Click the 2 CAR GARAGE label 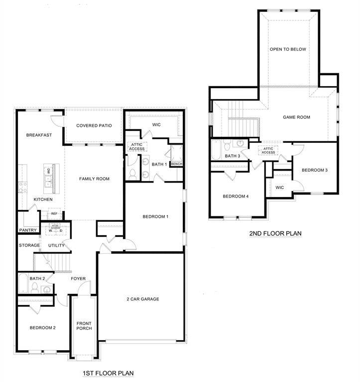(x=142, y=299)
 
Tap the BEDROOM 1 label (x=155, y=217)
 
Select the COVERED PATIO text (x=94, y=126)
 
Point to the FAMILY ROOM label (x=94, y=179)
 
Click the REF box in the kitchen (x=55, y=213)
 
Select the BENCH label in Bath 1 (x=177, y=164)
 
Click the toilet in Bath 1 (x=132, y=174)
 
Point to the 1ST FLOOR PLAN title (x=107, y=373)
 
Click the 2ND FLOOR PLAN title (x=275, y=233)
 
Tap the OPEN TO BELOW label (x=287, y=50)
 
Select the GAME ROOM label (x=296, y=117)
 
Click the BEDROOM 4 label (x=236, y=196)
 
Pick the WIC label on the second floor (x=279, y=188)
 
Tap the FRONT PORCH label (x=84, y=326)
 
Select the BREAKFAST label (x=39, y=135)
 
